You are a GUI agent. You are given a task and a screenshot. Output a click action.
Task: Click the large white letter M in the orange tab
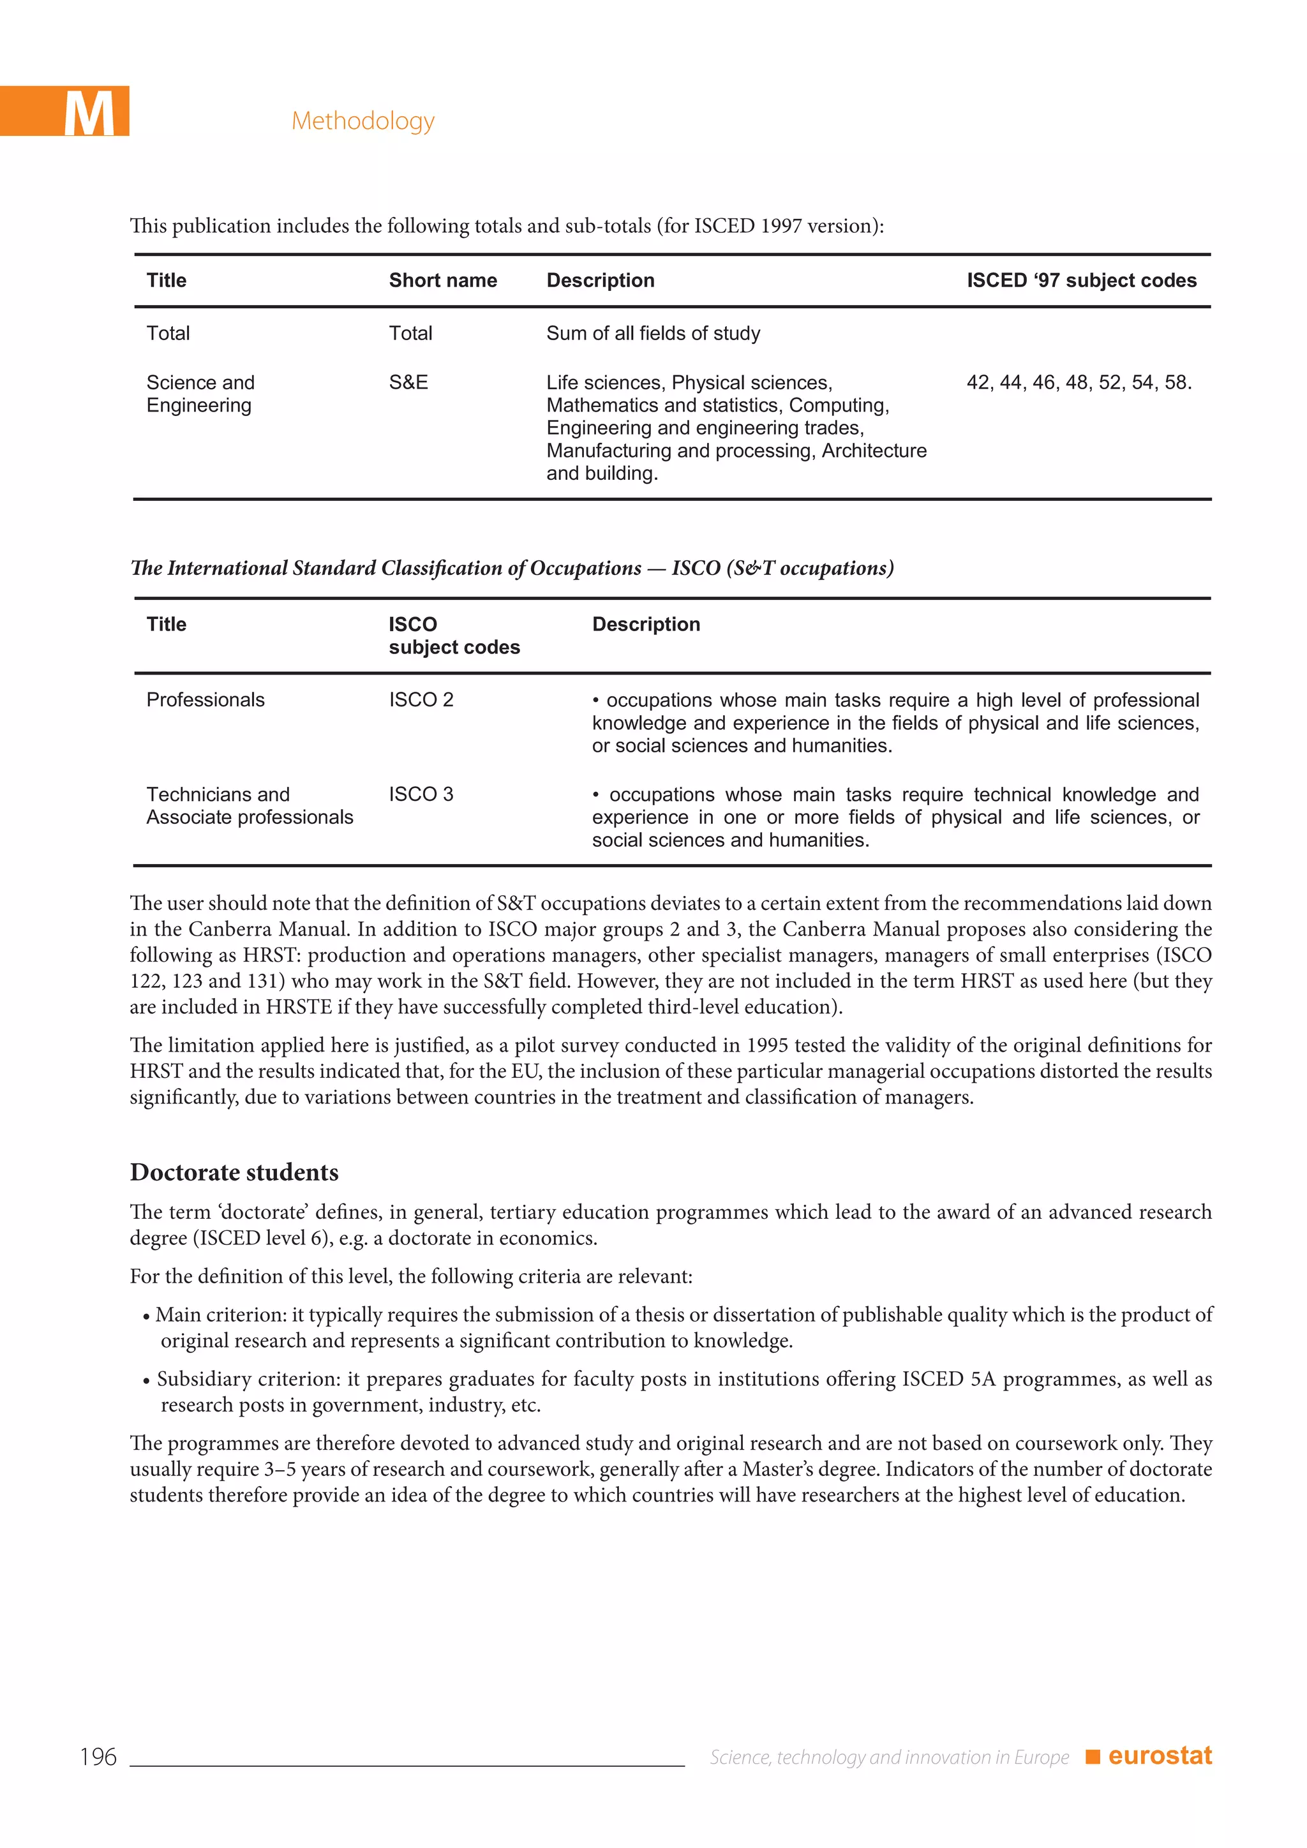89,114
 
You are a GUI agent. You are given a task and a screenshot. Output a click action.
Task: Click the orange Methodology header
363,121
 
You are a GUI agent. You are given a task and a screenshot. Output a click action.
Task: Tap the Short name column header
443,280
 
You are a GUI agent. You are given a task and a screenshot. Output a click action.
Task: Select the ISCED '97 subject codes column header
1081,280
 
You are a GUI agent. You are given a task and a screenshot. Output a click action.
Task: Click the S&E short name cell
408,382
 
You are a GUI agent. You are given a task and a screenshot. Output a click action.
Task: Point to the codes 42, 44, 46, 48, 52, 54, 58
1079,382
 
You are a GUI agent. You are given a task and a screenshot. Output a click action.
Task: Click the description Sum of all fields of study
653,333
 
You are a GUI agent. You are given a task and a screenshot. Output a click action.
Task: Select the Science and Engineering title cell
200,394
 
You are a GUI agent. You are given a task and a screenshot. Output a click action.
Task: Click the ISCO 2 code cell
421,699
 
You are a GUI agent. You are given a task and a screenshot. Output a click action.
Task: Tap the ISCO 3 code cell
421,794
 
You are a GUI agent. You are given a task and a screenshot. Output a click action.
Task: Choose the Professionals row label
205,699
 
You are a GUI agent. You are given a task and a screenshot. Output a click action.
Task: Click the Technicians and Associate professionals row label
249,806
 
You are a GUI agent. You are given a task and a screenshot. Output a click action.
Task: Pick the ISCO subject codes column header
454,635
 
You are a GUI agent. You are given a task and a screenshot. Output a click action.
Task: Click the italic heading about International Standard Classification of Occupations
512,568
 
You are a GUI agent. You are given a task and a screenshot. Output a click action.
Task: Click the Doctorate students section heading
234,1172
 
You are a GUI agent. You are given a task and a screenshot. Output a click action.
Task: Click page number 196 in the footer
98,1757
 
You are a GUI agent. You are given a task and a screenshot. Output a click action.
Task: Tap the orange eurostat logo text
1159,1755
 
